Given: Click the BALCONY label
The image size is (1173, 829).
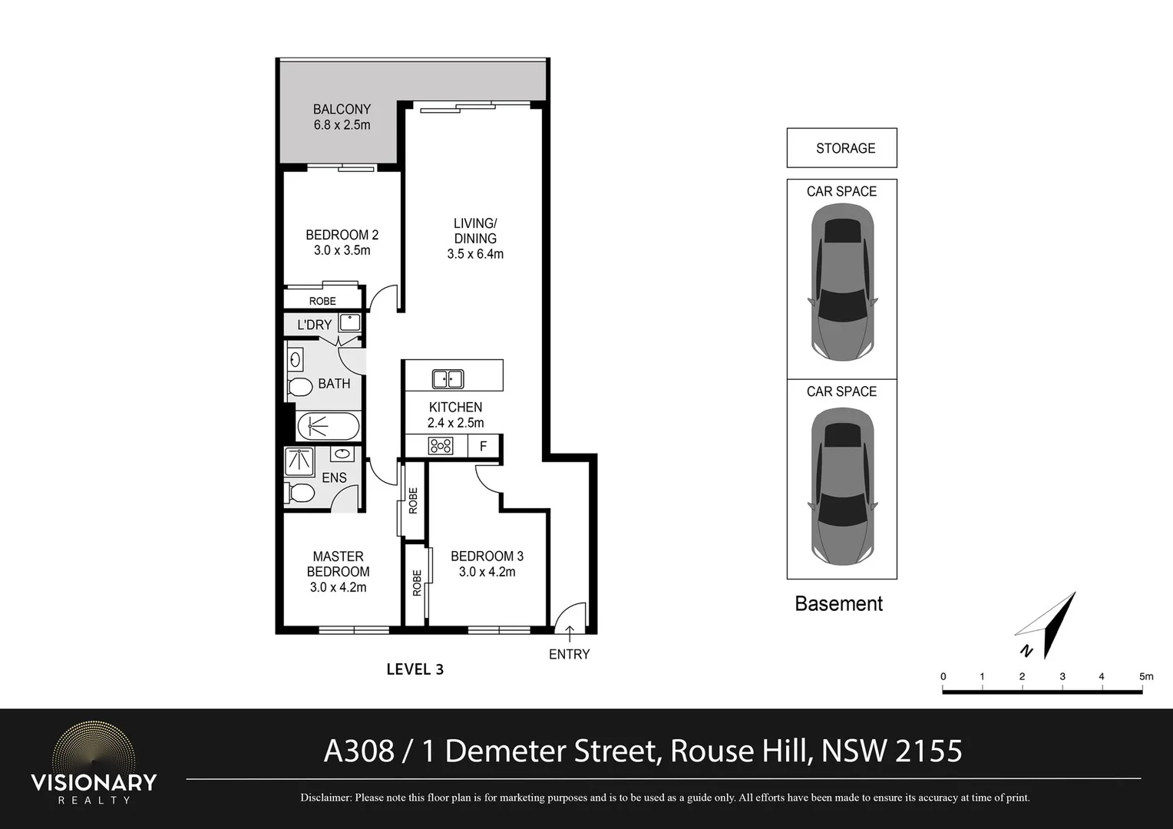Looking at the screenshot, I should click(x=342, y=110).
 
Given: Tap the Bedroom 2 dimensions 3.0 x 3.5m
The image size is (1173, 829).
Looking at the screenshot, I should click(x=342, y=250).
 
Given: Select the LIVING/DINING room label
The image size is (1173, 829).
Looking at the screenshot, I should click(x=475, y=230).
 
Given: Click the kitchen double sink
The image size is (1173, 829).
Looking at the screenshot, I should click(x=448, y=378).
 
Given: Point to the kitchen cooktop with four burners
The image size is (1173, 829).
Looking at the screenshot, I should click(x=441, y=446).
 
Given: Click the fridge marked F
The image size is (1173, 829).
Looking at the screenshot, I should click(x=483, y=446).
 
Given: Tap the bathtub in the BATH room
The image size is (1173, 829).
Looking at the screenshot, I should click(x=328, y=426).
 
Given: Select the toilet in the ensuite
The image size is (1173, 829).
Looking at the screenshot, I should click(x=300, y=492).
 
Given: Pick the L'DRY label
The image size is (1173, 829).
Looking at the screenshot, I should click(x=314, y=325).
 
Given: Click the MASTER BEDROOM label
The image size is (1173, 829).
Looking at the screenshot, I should click(x=338, y=564).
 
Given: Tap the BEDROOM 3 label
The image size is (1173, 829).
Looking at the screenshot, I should click(x=487, y=557).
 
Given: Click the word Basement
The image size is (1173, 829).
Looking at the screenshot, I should click(x=838, y=604).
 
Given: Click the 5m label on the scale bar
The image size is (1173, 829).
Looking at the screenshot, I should click(x=1145, y=676).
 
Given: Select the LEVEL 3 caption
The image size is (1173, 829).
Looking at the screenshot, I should click(x=415, y=669).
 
